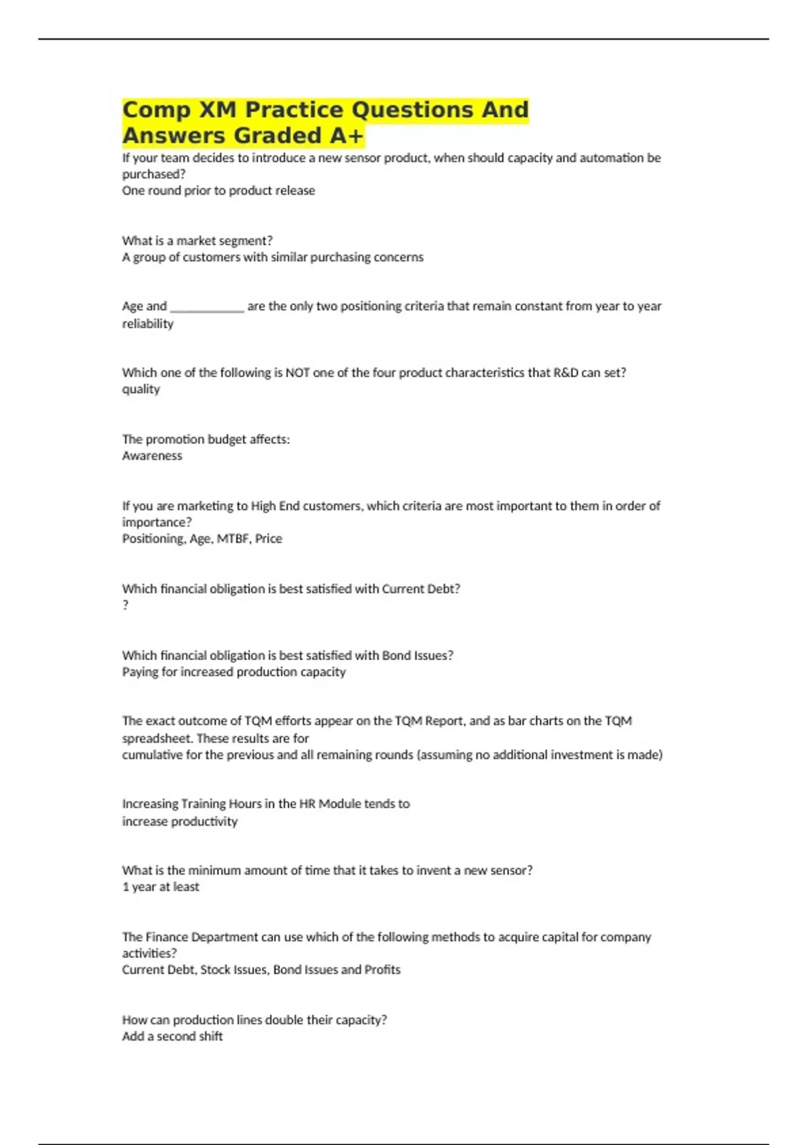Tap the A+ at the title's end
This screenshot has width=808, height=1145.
click(346, 136)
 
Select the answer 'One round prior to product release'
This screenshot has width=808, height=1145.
click(218, 191)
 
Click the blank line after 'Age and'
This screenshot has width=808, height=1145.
click(207, 307)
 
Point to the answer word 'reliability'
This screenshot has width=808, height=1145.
click(147, 324)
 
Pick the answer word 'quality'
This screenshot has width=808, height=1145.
click(141, 389)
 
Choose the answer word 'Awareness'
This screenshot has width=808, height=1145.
click(151, 456)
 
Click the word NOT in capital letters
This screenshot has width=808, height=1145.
click(298, 372)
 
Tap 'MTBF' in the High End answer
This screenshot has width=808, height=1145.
click(232, 539)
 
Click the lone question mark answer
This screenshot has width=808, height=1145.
click(125, 605)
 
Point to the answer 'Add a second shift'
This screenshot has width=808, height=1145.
click(172, 1037)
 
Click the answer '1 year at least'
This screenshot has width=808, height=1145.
click(160, 887)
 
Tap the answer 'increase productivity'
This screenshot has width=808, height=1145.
click(179, 822)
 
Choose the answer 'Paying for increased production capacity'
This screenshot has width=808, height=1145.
click(234, 672)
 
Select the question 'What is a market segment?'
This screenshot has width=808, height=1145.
click(197, 241)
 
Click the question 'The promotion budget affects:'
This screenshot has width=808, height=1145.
click(205, 440)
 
